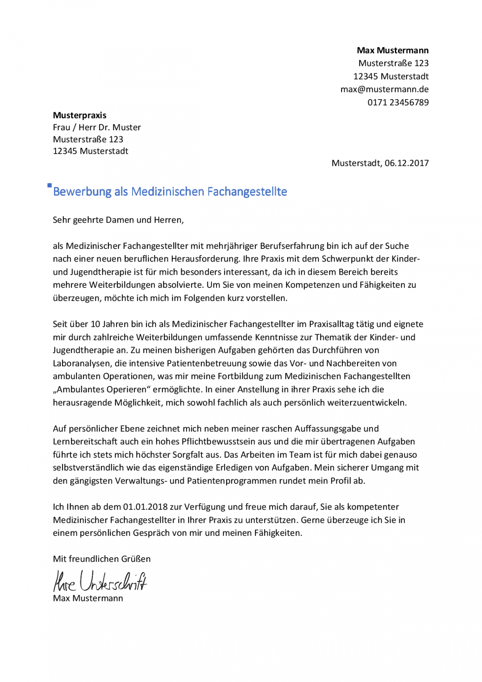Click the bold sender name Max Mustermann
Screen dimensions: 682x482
pyautogui.click(x=392, y=50)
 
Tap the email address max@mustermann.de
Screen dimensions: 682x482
pyautogui.click(x=384, y=89)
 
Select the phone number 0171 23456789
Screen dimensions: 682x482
pyautogui.click(x=398, y=102)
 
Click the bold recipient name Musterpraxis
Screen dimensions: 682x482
pyautogui.click(x=79, y=115)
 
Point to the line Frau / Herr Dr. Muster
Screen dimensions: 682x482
pyautogui.click(x=97, y=127)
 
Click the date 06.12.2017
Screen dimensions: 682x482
pyautogui.click(x=406, y=163)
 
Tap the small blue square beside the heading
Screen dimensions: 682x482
pyautogui.click(x=50, y=185)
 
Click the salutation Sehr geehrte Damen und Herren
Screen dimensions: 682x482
pyautogui.click(x=118, y=220)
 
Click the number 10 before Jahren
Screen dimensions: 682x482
pyautogui.click(x=95, y=324)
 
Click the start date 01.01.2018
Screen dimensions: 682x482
pyautogui.click(x=145, y=507)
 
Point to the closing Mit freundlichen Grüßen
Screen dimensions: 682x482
pyautogui.click(x=101, y=559)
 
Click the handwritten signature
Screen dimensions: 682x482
pyautogui.click(x=100, y=581)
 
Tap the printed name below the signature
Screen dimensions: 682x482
pyautogui.click(x=88, y=598)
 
